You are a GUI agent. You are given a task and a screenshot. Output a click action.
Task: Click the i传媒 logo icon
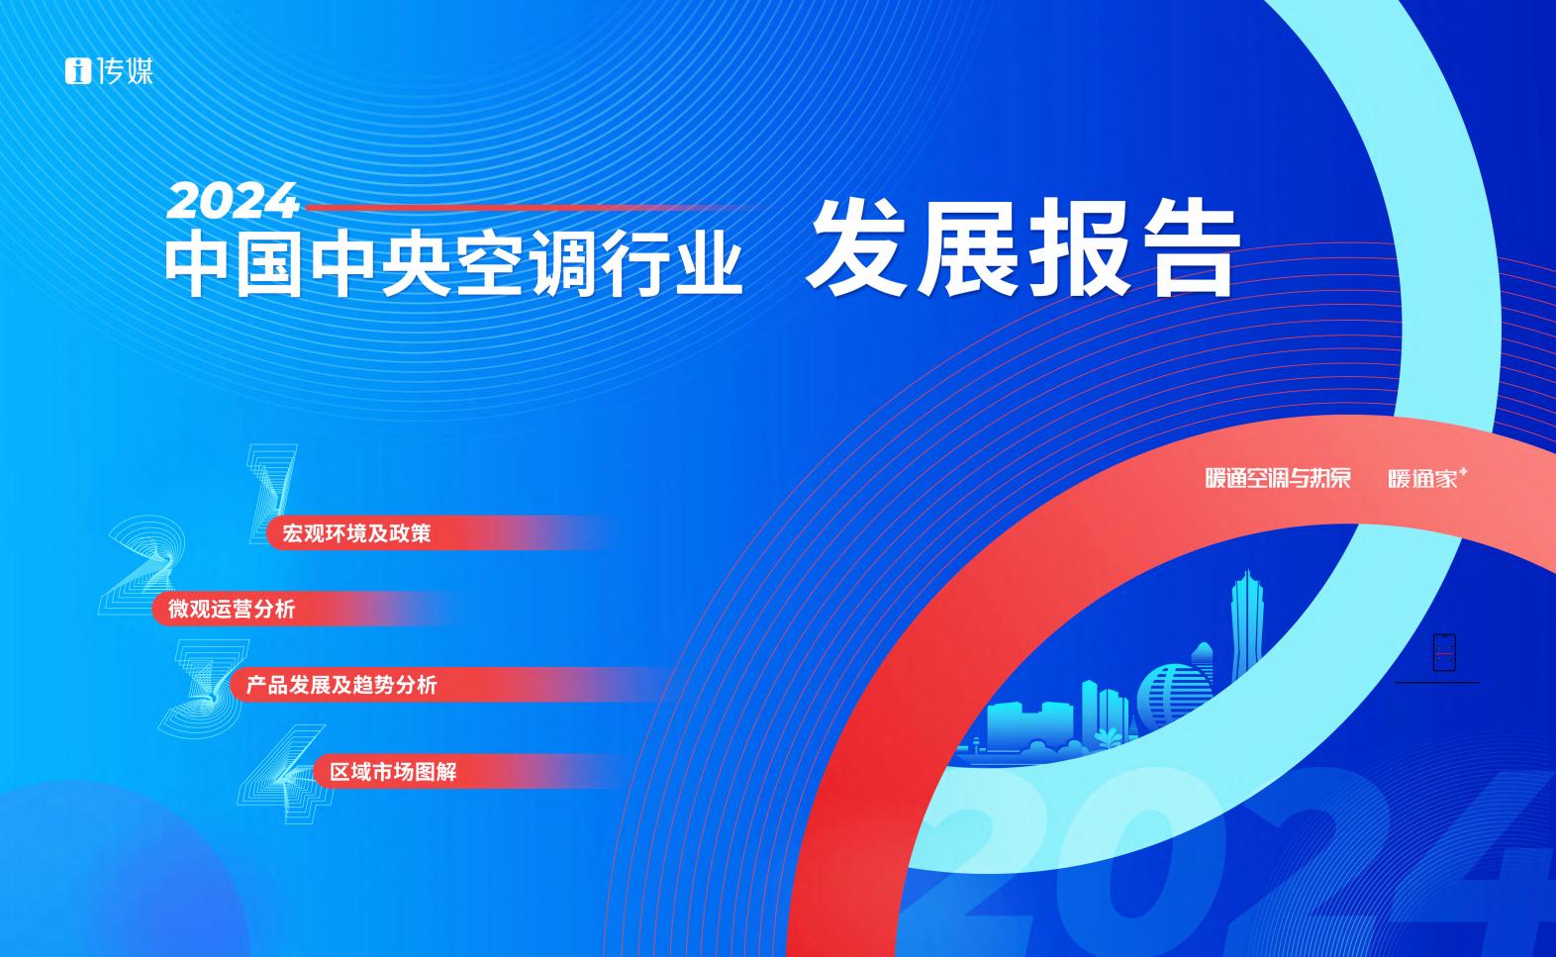(78, 71)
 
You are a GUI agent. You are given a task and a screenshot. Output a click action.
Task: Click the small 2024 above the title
(233, 201)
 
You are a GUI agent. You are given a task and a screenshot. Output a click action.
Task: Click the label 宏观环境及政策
(356, 533)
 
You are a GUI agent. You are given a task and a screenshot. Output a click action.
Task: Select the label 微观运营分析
(232, 609)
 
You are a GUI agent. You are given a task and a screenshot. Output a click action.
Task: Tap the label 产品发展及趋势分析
(341, 686)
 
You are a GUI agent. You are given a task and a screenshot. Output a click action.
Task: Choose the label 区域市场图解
(393, 772)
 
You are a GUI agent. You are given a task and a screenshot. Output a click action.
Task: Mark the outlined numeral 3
(203, 688)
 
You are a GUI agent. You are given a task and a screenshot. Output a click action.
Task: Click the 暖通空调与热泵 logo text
(1278, 478)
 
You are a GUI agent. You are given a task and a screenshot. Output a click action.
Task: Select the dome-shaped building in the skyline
(1174, 695)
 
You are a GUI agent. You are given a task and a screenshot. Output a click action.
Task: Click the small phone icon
(1444, 652)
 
